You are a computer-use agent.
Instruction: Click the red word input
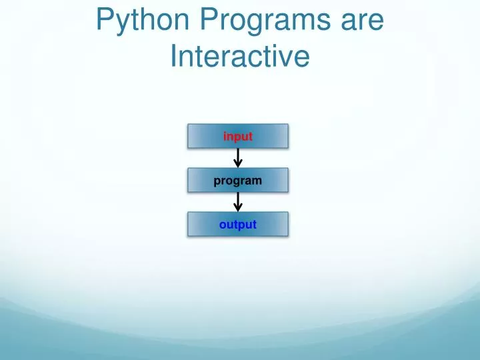pyautogui.click(x=238, y=137)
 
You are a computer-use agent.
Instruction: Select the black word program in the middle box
pyautogui.click(x=238, y=181)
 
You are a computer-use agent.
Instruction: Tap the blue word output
pyautogui.click(x=238, y=225)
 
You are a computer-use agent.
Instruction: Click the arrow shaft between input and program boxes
pyautogui.click(x=238, y=155)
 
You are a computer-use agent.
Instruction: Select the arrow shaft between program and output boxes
pyautogui.click(x=238, y=199)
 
